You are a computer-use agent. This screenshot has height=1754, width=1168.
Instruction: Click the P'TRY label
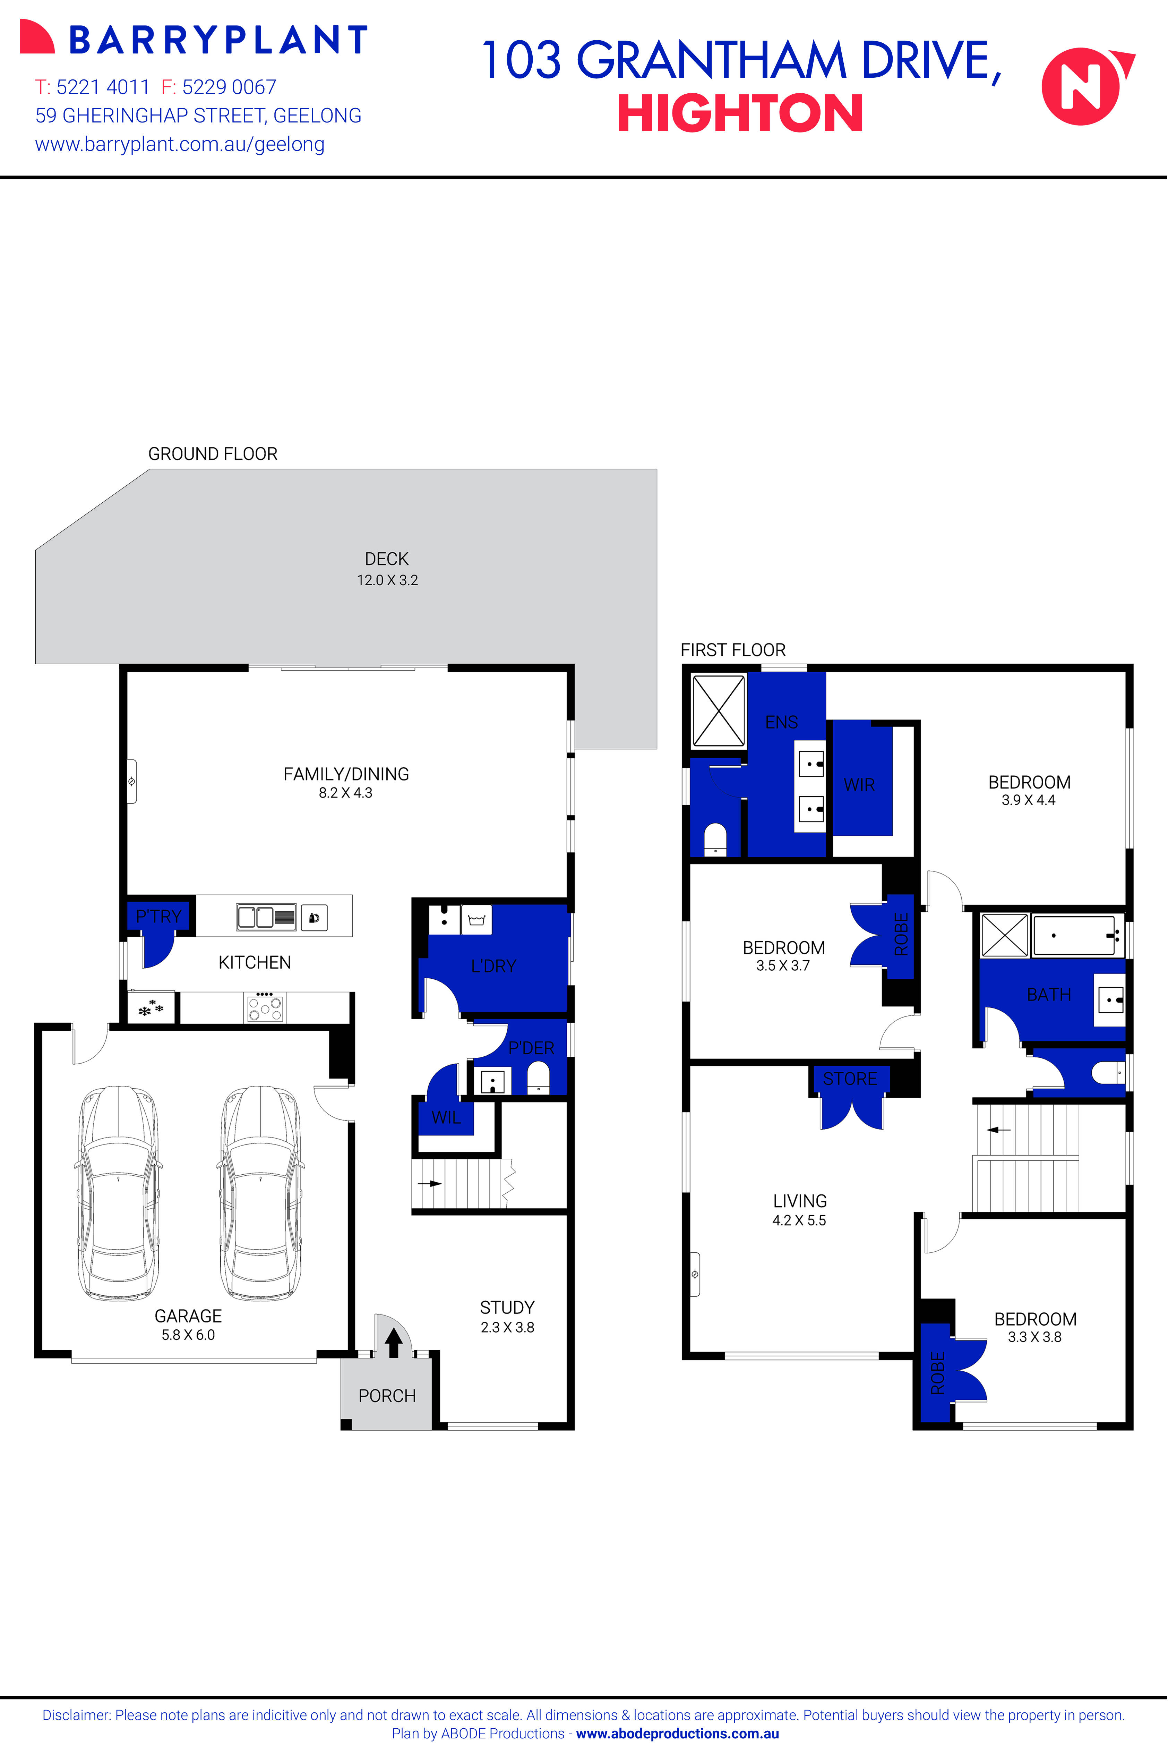click(x=158, y=916)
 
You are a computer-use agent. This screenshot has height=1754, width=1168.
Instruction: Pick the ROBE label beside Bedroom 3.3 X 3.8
click(x=937, y=1372)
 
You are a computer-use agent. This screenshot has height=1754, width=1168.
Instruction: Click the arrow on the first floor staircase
click(x=998, y=1130)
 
